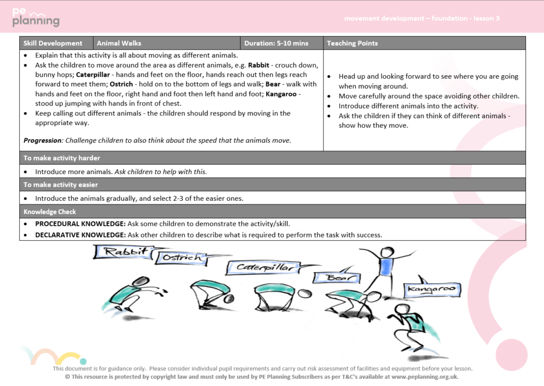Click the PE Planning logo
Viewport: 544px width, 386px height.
click(36, 18)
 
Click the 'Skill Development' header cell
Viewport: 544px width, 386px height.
click(53, 43)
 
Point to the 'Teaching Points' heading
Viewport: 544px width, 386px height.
click(352, 43)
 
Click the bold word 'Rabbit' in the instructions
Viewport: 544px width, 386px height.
click(258, 65)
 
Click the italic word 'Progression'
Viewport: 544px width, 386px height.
click(43, 141)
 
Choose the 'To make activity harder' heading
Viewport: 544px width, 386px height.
click(62, 158)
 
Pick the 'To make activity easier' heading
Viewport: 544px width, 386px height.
click(61, 185)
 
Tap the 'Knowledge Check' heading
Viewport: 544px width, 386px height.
click(50, 211)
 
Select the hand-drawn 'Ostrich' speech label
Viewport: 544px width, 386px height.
click(182, 258)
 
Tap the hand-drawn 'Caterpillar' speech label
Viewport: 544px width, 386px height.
click(264, 267)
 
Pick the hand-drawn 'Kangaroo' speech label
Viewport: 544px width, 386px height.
click(431, 289)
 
